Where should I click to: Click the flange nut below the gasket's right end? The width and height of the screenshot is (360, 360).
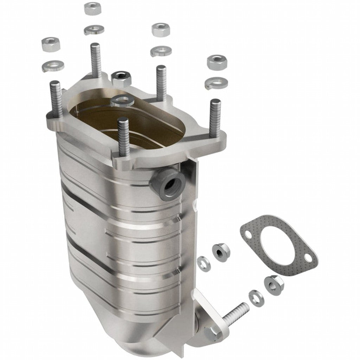point(272,282)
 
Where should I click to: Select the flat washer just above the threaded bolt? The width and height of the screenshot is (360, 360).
point(255,298)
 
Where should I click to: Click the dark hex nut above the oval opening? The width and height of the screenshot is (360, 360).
point(121,78)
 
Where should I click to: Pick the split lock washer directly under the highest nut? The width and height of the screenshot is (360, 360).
point(94,30)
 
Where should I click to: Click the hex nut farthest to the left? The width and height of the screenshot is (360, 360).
point(50,44)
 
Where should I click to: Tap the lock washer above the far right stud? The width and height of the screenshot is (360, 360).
point(216,82)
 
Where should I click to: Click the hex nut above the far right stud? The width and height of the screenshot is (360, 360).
point(217,62)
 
